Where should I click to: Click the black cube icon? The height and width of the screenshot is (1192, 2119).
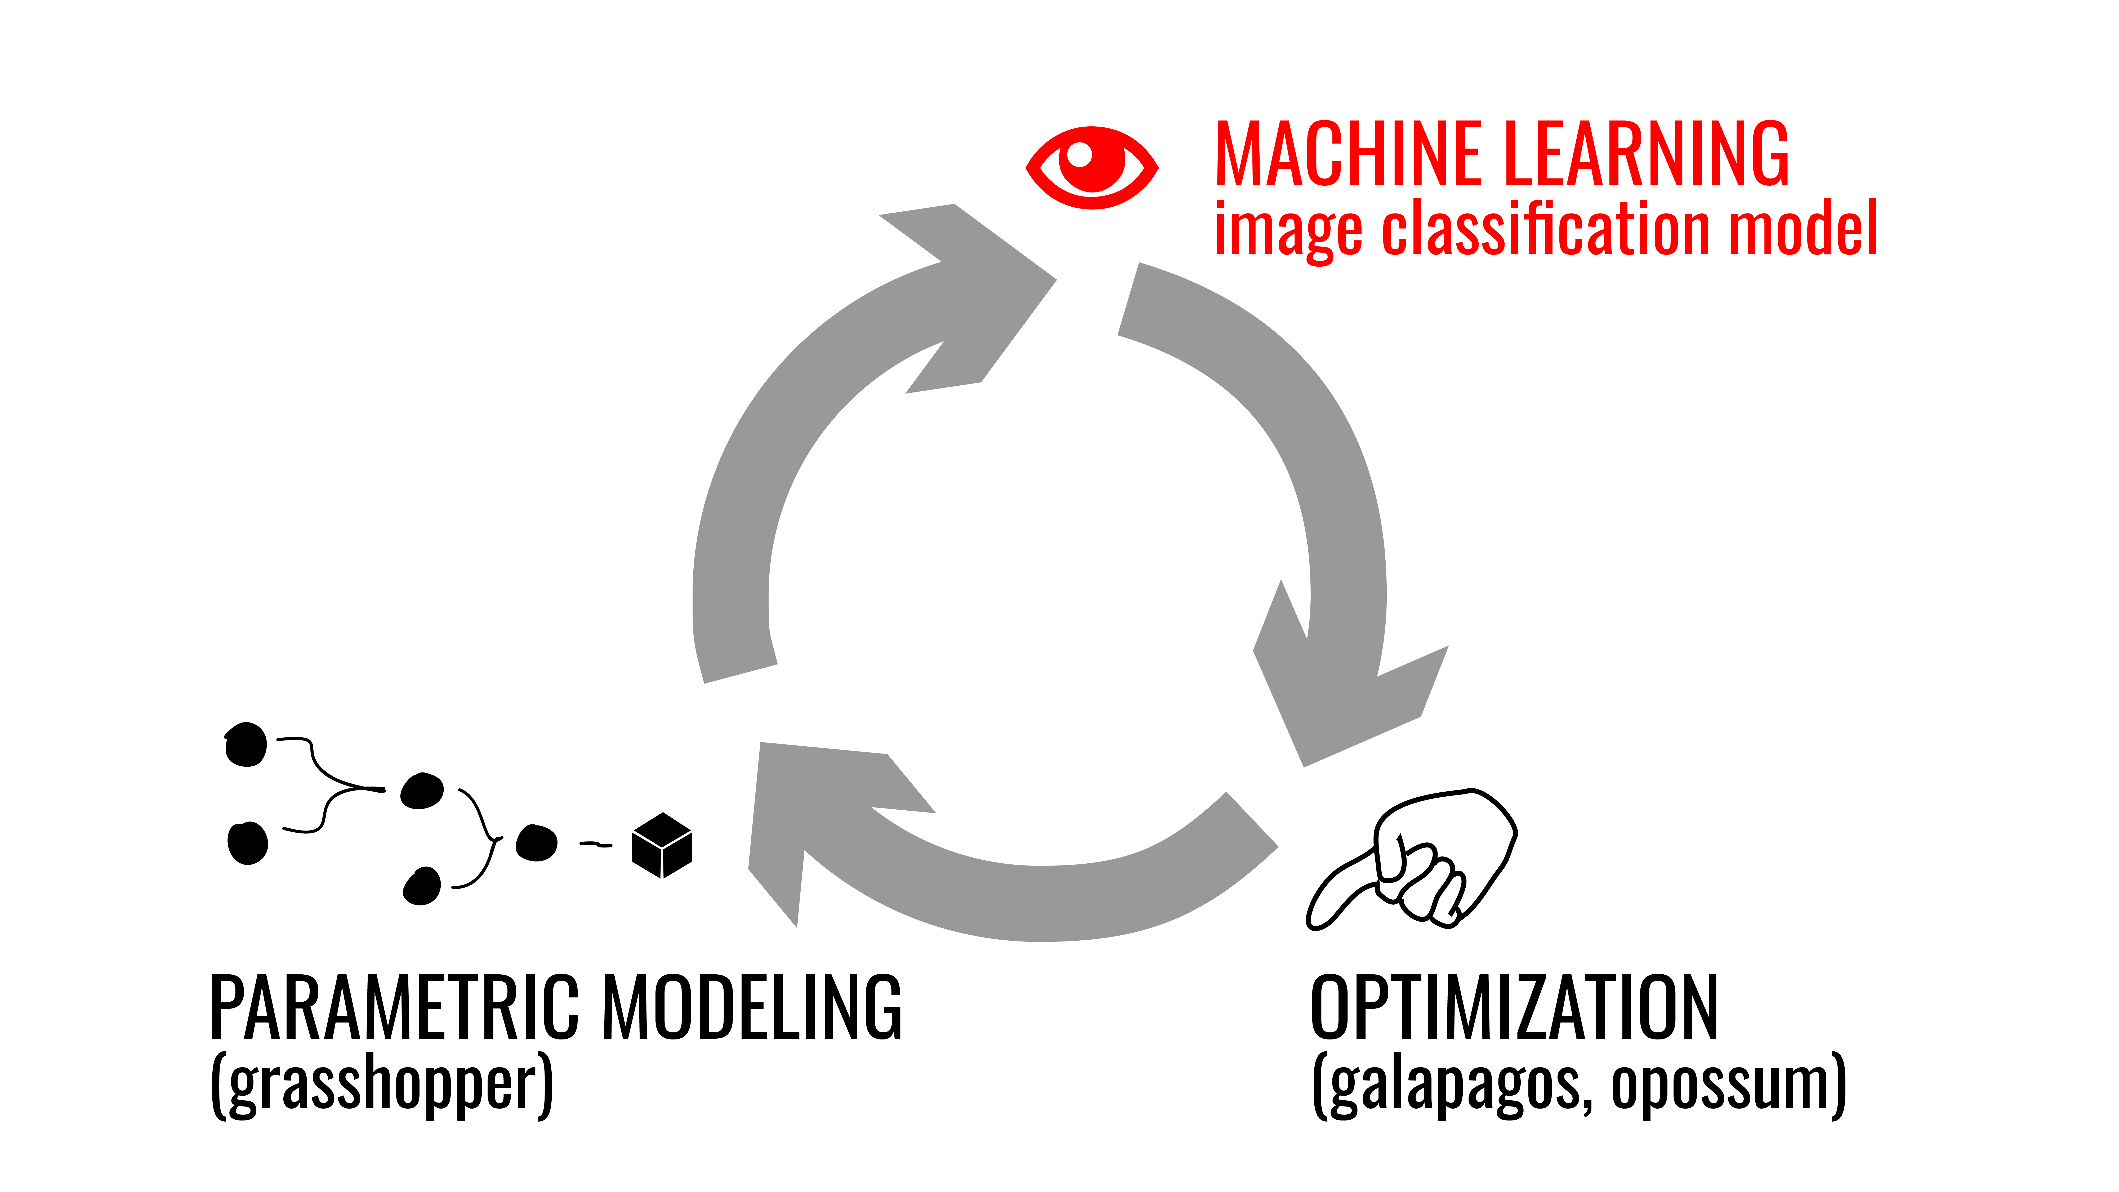(662, 846)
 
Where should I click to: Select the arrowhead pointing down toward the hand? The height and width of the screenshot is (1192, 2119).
(1349, 675)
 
